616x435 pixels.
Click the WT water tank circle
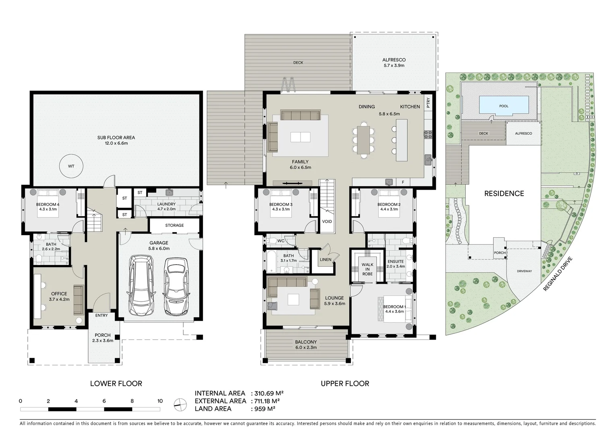[71, 166]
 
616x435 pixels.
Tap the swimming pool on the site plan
[504, 106]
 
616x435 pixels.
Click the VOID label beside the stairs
[327, 222]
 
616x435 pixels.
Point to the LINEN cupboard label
[326, 259]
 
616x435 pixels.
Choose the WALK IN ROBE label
[367, 269]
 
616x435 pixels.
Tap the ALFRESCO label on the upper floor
[394, 60]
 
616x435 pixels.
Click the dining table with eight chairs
[364, 140]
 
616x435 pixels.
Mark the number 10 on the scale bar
[160, 401]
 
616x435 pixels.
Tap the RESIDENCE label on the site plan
[504, 194]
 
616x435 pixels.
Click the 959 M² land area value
[265, 409]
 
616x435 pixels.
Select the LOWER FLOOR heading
[116, 383]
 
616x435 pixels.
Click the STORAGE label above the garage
[174, 226]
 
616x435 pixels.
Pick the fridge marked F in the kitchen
[403, 182]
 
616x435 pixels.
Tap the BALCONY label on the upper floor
[306, 342]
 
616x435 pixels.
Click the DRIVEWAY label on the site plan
[524, 271]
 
